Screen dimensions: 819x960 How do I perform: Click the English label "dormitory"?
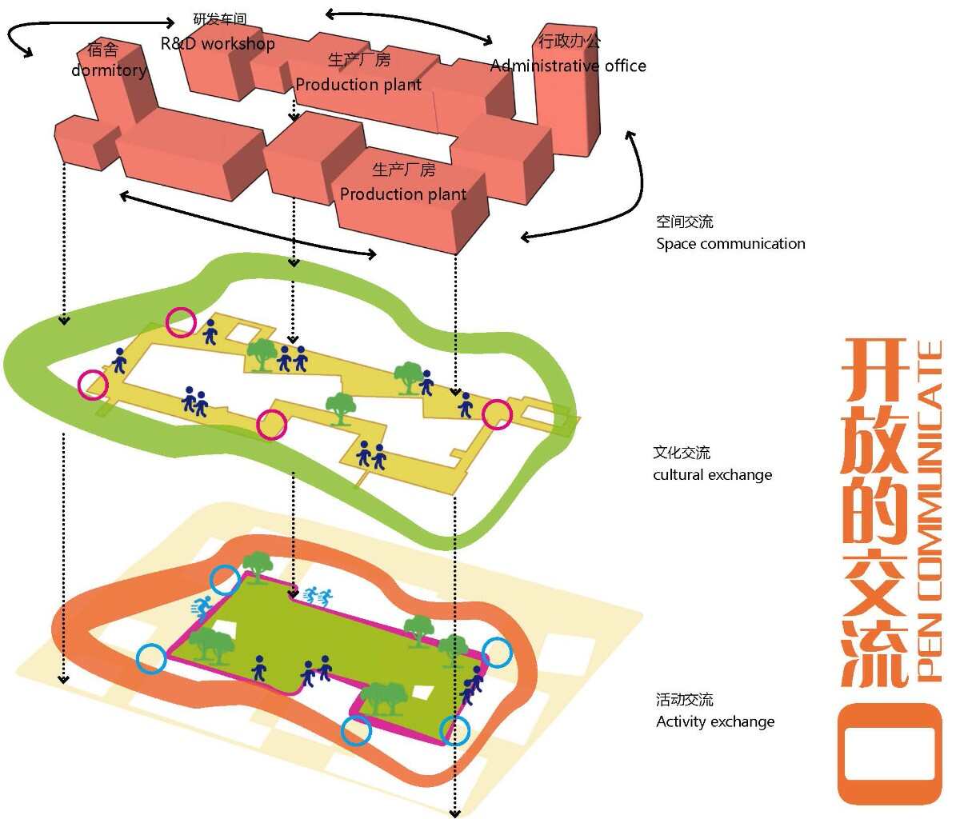coord(109,70)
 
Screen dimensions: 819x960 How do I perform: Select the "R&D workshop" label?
coord(218,44)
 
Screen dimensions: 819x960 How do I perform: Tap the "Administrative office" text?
coord(568,66)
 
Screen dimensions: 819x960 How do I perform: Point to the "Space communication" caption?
coord(730,244)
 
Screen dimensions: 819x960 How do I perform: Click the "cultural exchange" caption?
coord(712,475)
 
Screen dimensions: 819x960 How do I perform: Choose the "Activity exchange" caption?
coord(715,722)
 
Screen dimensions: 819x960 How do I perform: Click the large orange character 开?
coord(874,372)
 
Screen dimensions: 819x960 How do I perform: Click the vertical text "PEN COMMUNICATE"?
coord(930,512)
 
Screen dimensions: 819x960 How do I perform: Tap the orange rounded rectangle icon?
coord(890,753)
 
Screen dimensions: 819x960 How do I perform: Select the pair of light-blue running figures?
coord(318,596)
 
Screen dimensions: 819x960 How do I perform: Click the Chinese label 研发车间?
coord(220,19)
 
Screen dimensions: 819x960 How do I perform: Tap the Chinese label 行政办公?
coord(570,42)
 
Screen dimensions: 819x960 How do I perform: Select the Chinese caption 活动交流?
coord(684,701)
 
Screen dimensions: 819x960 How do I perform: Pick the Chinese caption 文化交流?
coord(682,453)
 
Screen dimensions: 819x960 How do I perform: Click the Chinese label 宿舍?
coord(102,50)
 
